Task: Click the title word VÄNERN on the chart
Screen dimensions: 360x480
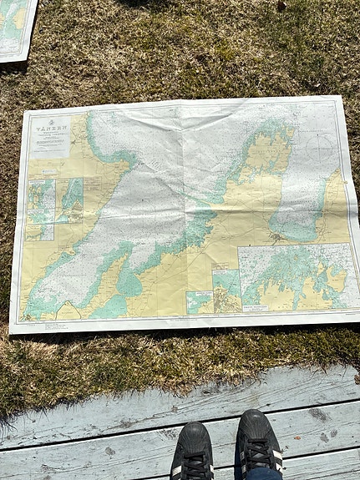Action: (x=48, y=122)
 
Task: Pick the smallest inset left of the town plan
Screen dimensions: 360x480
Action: (x=199, y=301)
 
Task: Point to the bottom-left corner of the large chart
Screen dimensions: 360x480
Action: (x=12, y=331)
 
